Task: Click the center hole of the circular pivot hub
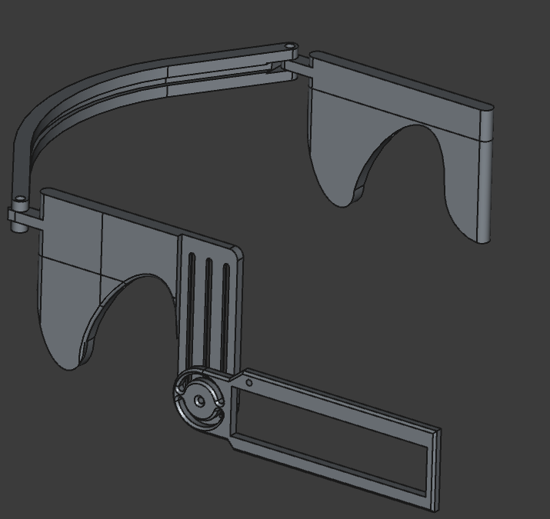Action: click(199, 401)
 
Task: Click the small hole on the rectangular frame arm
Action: click(249, 382)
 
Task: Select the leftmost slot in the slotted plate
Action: click(192, 308)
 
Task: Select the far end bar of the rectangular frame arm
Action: click(435, 469)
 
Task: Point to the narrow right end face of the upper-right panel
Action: click(485, 177)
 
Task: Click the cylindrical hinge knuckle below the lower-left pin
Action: click(17, 218)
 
